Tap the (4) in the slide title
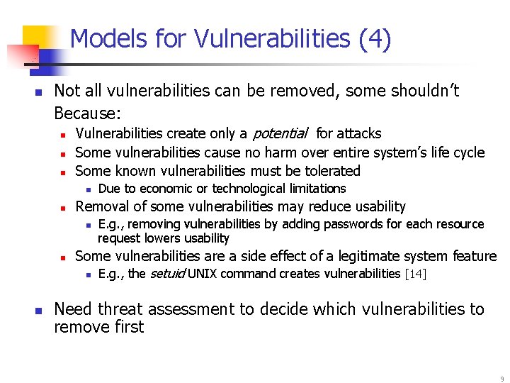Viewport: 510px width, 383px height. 375,39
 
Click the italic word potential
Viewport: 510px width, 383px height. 280,133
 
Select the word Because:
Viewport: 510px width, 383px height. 88,113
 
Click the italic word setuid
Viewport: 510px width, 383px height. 168,274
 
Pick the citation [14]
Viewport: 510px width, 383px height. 415,274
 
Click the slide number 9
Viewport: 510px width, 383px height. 501,379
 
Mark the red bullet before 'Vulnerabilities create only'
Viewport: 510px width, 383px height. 62,134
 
